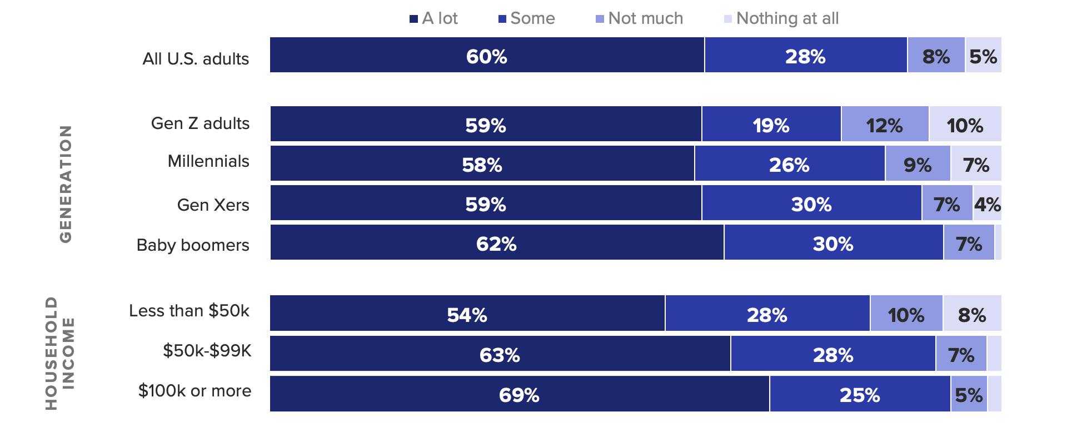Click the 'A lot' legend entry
(433, 18)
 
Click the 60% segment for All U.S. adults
(487, 56)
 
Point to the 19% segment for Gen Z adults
(771, 125)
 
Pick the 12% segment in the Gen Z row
(885, 125)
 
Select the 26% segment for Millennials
(789, 164)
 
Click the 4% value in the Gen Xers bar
(987, 204)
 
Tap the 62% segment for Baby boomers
(497, 243)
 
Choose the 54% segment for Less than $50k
(467, 314)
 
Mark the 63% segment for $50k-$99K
(500, 354)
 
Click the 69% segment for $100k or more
(519, 394)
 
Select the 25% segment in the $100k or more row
(860, 394)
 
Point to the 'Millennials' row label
(208, 161)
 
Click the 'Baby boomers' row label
(193, 245)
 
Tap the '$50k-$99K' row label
(207, 350)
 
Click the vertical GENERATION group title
(66, 183)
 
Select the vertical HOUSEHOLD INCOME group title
(59, 353)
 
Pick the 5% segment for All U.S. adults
(983, 56)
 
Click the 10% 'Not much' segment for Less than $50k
(906, 314)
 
